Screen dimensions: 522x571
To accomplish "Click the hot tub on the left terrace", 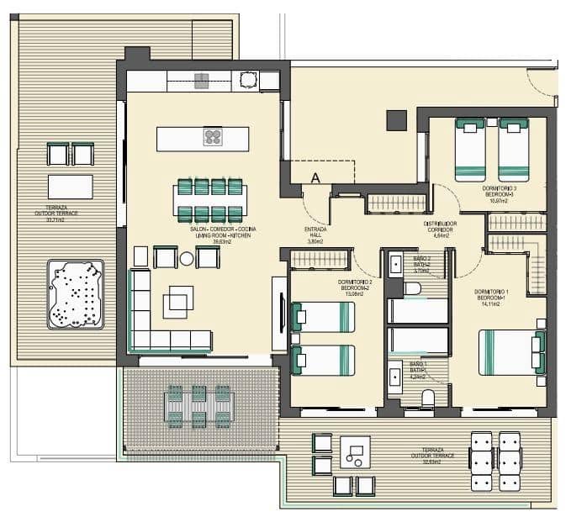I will [x=76, y=293].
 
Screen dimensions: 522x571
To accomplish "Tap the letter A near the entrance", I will [x=315, y=177].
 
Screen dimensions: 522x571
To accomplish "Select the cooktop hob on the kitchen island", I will [x=213, y=138].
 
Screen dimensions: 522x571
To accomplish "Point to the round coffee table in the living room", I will [x=186, y=259].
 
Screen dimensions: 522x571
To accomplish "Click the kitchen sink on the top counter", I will [x=202, y=81].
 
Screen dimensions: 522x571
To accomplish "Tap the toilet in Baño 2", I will [x=412, y=288].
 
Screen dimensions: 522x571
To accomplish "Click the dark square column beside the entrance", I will [x=396, y=120].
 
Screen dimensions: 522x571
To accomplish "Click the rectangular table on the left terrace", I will [x=70, y=186].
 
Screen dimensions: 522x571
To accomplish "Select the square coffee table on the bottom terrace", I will [x=355, y=452].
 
